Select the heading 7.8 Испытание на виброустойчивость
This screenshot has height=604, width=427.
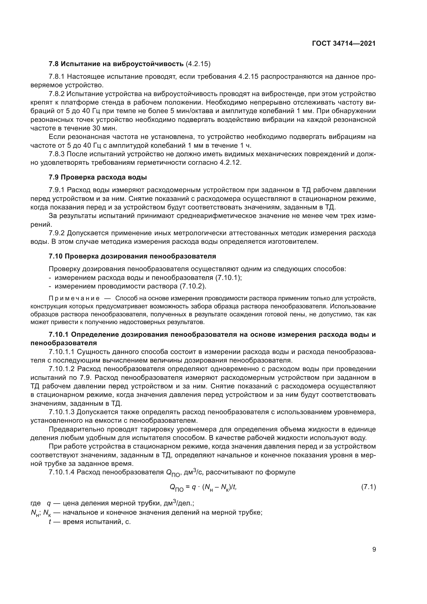tap(116, 64)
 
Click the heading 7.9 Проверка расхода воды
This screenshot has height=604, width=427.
tap(98, 177)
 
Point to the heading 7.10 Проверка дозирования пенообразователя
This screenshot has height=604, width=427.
tap(132, 256)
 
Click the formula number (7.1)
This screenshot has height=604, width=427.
tap(368, 487)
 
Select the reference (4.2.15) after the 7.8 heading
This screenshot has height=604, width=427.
tap(198, 64)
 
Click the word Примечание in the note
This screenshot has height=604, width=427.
tap(74, 298)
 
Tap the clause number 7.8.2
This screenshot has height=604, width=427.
tap(57, 94)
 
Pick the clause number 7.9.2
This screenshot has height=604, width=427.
tap(57, 233)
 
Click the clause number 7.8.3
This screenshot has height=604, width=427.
tap(57, 154)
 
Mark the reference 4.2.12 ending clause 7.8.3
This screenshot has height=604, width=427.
tap(230, 163)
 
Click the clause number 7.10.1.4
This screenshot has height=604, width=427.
tap(62, 472)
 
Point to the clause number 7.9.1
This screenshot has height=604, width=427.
tap(57, 190)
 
